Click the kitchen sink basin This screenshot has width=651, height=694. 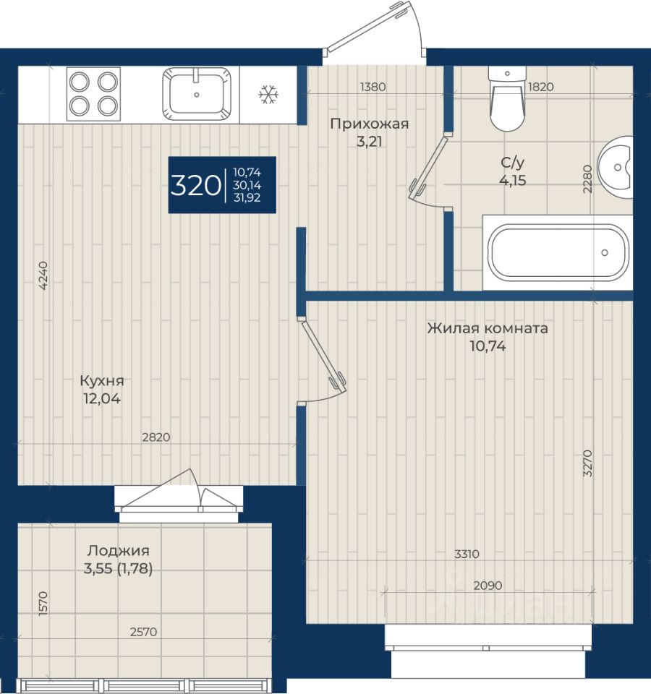click(197, 94)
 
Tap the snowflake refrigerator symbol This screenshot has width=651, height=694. click(268, 95)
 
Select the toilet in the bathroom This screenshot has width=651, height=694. click(508, 99)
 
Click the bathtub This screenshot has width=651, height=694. click(558, 253)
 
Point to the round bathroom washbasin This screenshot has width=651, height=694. click(615, 167)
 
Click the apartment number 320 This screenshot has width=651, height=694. click(195, 185)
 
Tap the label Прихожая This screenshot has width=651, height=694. click(370, 124)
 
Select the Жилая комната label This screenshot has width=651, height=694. click(488, 328)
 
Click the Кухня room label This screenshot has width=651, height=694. click(102, 380)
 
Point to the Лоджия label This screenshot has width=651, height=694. click(118, 551)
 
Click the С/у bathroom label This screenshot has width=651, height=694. click(513, 163)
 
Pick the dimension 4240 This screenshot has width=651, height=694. click(43, 275)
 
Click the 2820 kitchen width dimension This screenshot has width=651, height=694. click(156, 437)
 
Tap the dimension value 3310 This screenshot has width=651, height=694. click(467, 554)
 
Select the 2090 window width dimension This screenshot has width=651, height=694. click(488, 586)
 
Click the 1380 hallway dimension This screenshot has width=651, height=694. click(373, 87)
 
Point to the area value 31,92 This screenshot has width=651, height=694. click(247, 198)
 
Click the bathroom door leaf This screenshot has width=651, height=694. click(428, 166)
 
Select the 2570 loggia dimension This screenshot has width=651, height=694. click(143, 632)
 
